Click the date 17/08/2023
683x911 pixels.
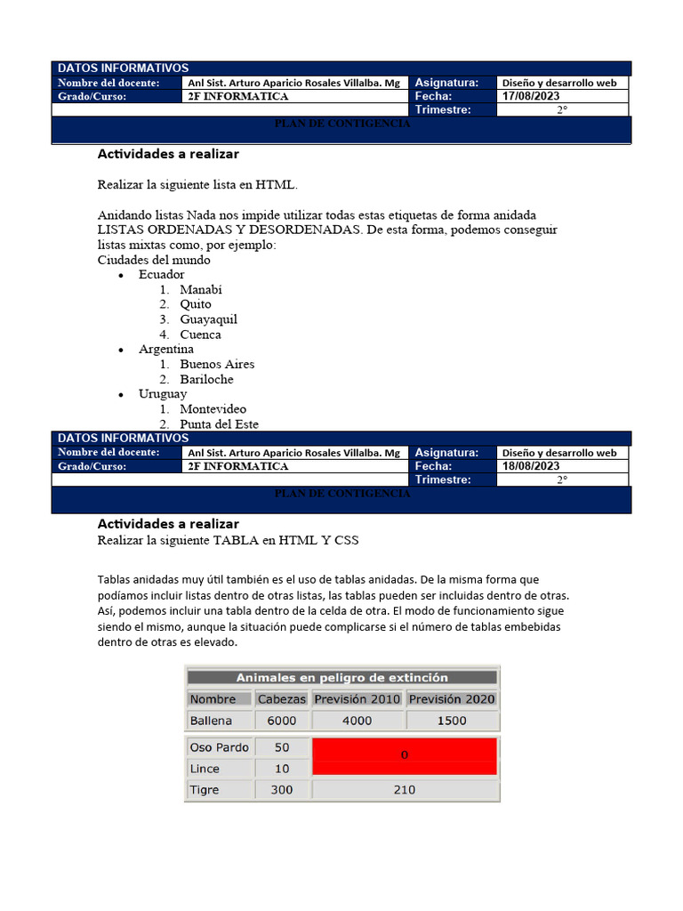(x=531, y=96)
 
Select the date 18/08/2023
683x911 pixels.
(x=531, y=466)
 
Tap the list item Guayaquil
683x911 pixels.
(x=208, y=319)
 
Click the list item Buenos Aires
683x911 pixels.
(x=217, y=364)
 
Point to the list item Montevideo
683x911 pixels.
(x=213, y=409)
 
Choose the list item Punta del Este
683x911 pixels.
(x=219, y=424)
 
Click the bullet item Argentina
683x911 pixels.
(x=166, y=350)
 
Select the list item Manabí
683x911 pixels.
(x=201, y=290)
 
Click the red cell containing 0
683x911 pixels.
(x=405, y=755)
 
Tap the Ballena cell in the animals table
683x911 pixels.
(x=211, y=721)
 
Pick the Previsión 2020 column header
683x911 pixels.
(x=452, y=699)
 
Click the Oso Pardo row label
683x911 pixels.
(x=219, y=747)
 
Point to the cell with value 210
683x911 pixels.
(x=405, y=790)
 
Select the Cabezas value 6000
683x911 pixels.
(x=281, y=721)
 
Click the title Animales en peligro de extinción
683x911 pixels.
(x=341, y=678)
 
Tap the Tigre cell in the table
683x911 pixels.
(x=205, y=790)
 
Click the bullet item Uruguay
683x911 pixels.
(x=163, y=394)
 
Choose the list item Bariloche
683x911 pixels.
(x=206, y=379)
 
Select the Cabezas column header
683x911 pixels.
(x=281, y=699)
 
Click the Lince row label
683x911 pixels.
(x=205, y=769)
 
